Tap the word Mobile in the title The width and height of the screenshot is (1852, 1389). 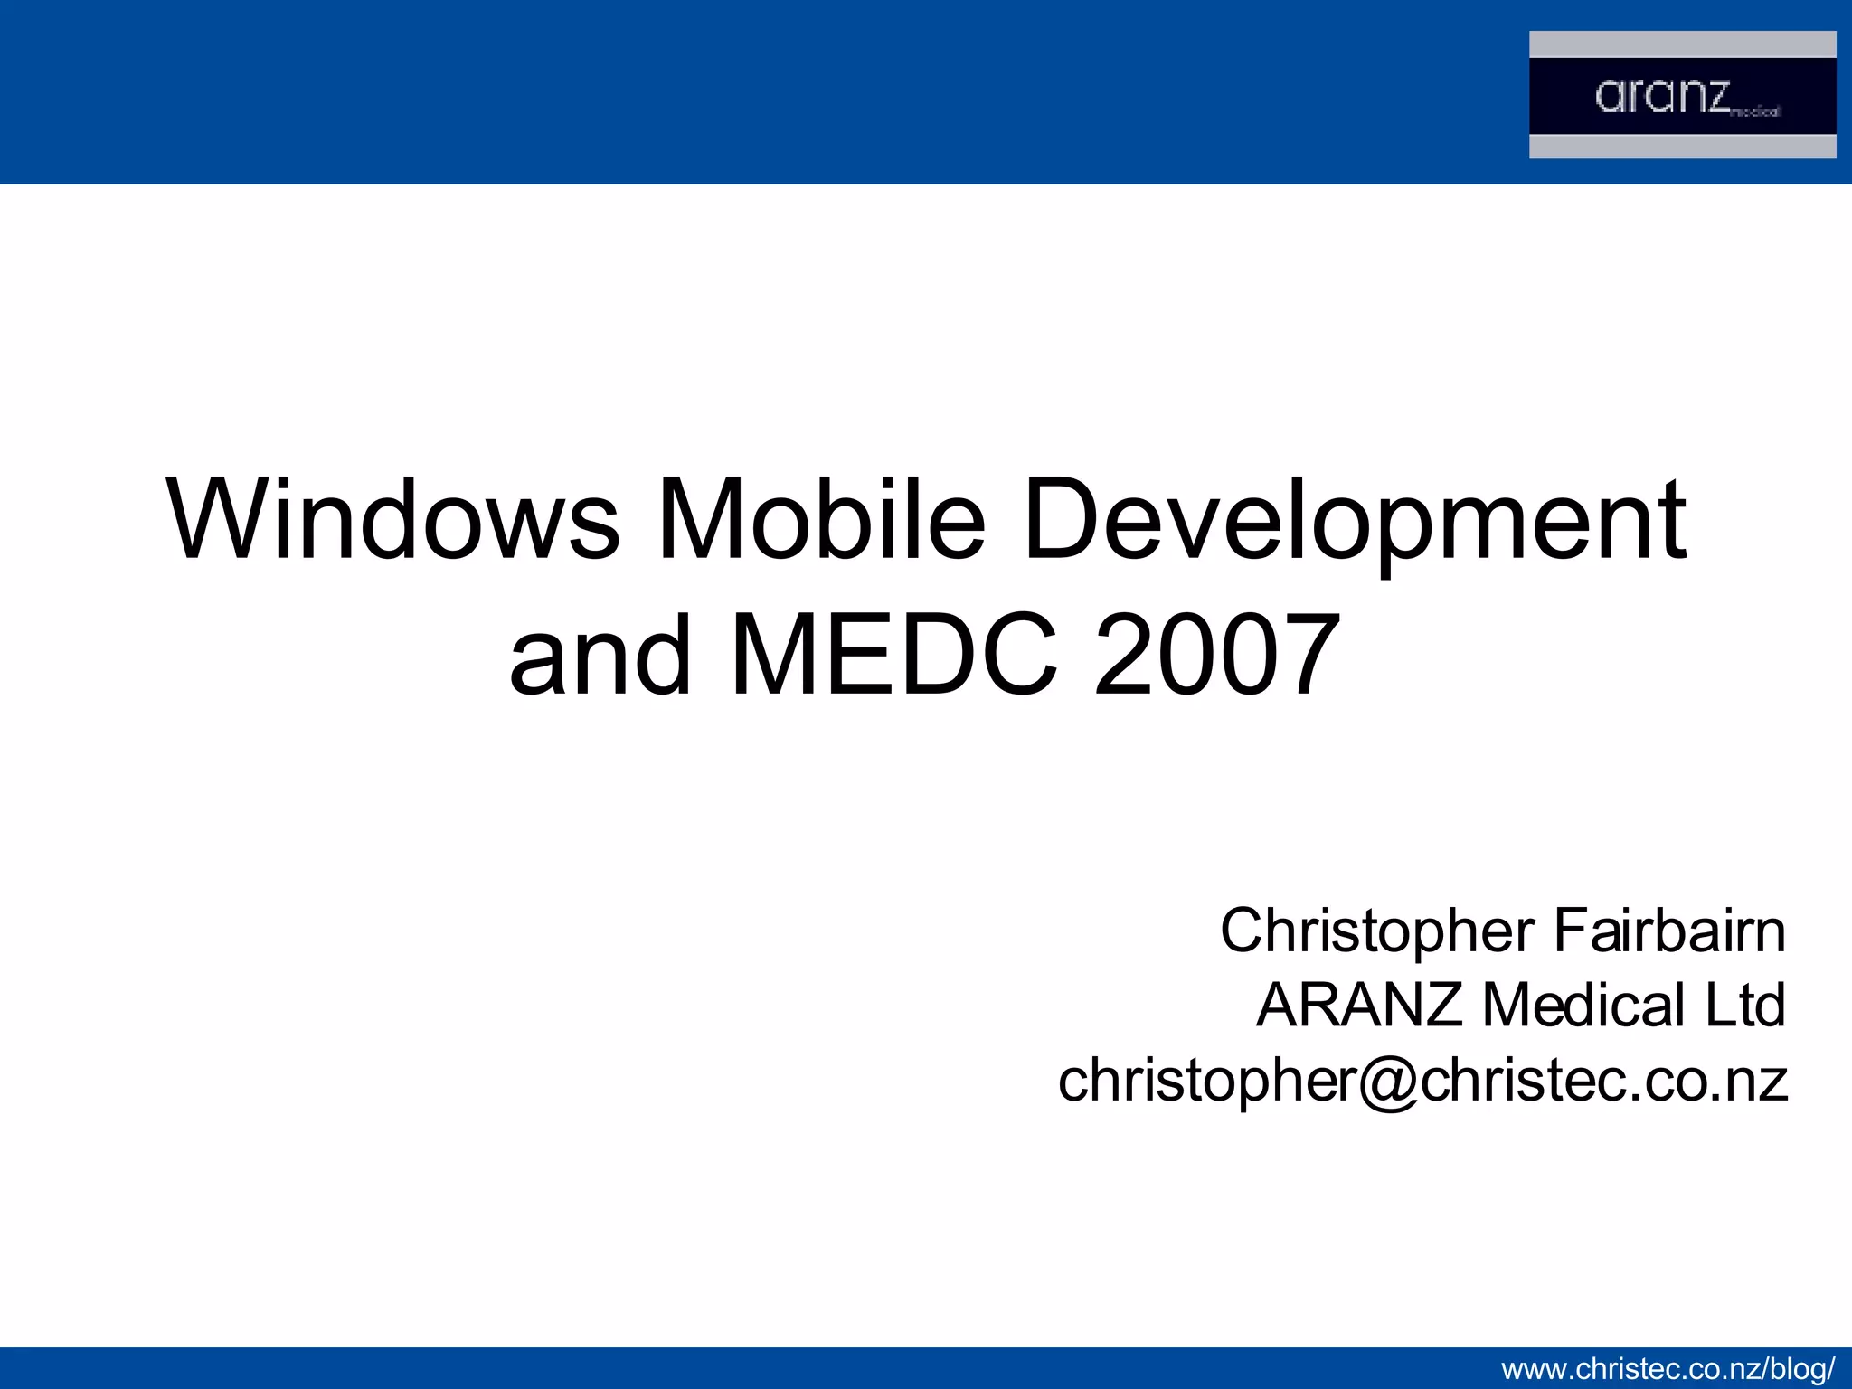coord(820,520)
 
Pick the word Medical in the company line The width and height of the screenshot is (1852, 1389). coord(1583,1005)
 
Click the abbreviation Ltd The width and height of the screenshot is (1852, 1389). coord(1744,1005)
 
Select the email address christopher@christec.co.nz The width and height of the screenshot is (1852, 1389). coord(1422,1081)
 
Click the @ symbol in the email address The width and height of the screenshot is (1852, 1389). coord(1388,1082)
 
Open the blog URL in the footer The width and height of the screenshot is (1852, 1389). coord(1668,1369)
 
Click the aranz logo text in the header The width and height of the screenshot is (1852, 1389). coord(1662,96)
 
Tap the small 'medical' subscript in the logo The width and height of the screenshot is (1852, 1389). coord(1755,112)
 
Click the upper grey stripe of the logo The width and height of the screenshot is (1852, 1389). coord(1682,43)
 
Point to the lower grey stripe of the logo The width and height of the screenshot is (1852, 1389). coord(1682,146)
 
